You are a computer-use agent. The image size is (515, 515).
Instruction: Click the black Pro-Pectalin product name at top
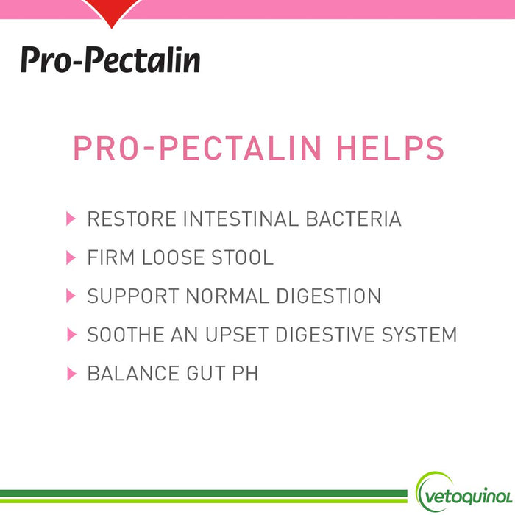pyautogui.click(x=110, y=58)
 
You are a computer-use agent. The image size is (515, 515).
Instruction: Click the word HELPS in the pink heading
pyautogui.click(x=391, y=148)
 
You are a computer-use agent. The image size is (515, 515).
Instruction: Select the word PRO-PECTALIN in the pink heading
pyautogui.click(x=198, y=148)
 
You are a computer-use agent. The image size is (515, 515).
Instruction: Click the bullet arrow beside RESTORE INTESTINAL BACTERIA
pyautogui.click(x=71, y=219)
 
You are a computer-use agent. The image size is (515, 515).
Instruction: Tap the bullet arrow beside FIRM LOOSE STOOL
pyautogui.click(x=71, y=257)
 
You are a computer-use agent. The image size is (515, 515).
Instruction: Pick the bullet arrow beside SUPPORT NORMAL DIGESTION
pyautogui.click(x=71, y=296)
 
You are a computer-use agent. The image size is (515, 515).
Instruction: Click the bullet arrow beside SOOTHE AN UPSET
pyautogui.click(x=71, y=335)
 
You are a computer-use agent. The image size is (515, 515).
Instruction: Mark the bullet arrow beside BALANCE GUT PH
pyautogui.click(x=71, y=374)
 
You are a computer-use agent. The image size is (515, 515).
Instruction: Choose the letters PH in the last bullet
pyautogui.click(x=245, y=374)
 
